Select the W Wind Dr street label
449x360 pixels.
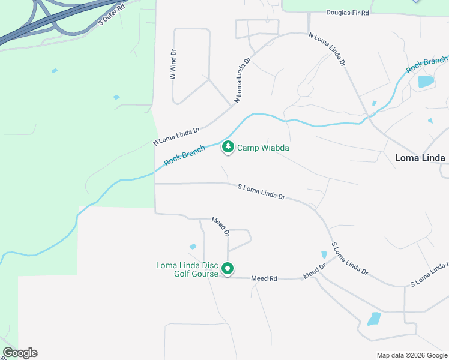point(173,65)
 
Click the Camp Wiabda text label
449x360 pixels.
point(264,148)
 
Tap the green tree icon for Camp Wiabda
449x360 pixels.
point(228,146)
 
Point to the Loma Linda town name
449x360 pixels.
point(420,158)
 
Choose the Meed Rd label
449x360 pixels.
point(264,278)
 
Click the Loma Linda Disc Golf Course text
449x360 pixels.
point(187,269)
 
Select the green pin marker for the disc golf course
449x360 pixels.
point(228,269)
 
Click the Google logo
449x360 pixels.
point(20,353)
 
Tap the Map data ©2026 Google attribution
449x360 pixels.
point(411,355)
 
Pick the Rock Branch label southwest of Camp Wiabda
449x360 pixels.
point(185,155)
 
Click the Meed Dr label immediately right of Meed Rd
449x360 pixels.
point(314,271)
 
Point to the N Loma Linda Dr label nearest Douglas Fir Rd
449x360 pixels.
point(328,49)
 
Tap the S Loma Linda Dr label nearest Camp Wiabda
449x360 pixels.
point(261,192)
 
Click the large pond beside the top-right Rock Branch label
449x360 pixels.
point(426,82)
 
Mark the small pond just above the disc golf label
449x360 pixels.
point(193,246)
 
